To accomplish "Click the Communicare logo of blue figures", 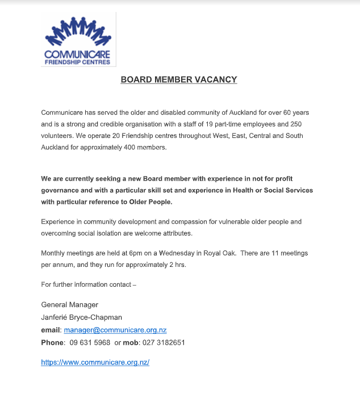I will click(78, 32).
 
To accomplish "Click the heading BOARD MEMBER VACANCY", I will click(178, 80).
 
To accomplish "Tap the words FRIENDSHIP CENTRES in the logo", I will click(78, 62).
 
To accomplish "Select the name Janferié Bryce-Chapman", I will click(82, 317).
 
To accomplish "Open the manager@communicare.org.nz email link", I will click(115, 330).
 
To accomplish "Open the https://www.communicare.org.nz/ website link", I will click(95, 362).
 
